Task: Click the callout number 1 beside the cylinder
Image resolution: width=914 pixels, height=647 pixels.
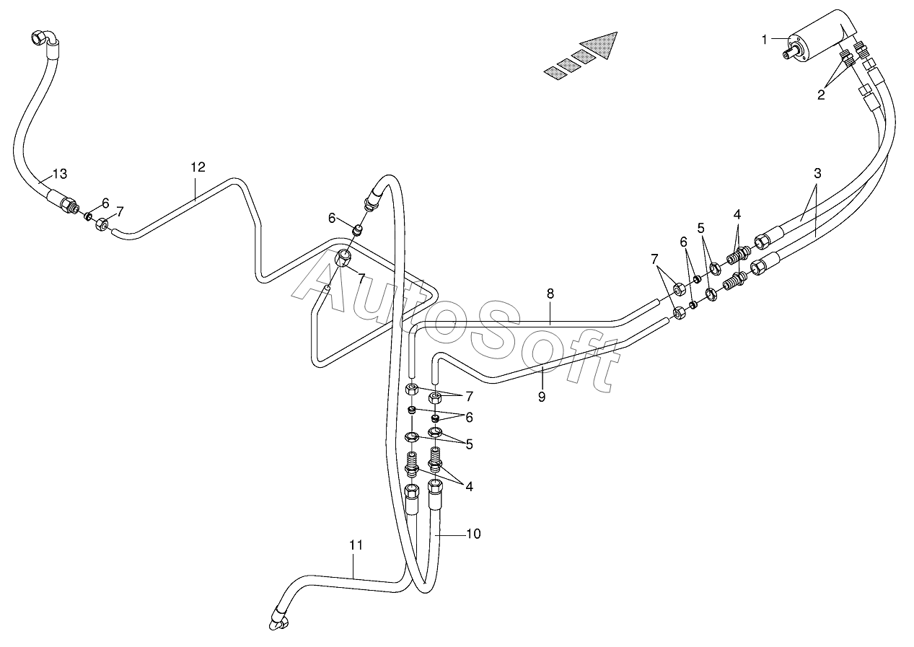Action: [x=764, y=40]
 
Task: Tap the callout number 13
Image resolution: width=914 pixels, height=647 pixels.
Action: [x=60, y=174]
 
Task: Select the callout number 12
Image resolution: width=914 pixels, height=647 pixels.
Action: [x=198, y=167]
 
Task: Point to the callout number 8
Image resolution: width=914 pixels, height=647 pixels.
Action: [x=550, y=294]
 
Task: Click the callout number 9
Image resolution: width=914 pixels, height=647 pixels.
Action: [x=542, y=397]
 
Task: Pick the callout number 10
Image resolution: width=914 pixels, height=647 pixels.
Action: [x=473, y=534]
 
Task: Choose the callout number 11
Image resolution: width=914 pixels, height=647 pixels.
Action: [x=356, y=545]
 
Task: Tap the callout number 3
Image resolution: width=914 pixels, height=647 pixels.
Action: [x=817, y=173]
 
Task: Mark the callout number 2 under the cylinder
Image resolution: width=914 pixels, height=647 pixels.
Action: [x=821, y=94]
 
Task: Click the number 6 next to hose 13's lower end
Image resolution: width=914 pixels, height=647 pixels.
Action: [x=105, y=203]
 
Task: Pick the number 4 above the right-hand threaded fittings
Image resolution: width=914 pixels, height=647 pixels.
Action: [x=737, y=214]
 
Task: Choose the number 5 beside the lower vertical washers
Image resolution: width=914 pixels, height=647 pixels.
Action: [x=469, y=444]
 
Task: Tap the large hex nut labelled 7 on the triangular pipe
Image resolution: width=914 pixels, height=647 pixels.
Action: [x=343, y=258]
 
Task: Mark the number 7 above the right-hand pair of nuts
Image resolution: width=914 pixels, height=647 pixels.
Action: [x=654, y=259]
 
